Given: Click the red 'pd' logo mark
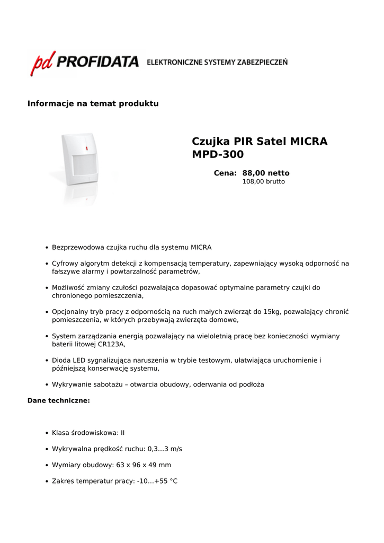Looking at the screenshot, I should click(x=43, y=64).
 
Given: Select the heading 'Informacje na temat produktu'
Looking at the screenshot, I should click(x=93, y=103).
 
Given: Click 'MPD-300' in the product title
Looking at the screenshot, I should click(x=218, y=155).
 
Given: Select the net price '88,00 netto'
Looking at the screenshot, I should click(x=266, y=173).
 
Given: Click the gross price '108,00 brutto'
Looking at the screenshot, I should click(x=263, y=181).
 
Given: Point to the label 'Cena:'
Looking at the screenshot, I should click(x=225, y=173).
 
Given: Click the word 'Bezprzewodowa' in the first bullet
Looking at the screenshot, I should click(x=78, y=248).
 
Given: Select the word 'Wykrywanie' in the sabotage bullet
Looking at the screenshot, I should click(x=70, y=384).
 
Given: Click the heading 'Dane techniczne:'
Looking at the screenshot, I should click(x=58, y=400).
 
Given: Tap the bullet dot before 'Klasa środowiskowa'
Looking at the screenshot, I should click(x=47, y=433).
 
